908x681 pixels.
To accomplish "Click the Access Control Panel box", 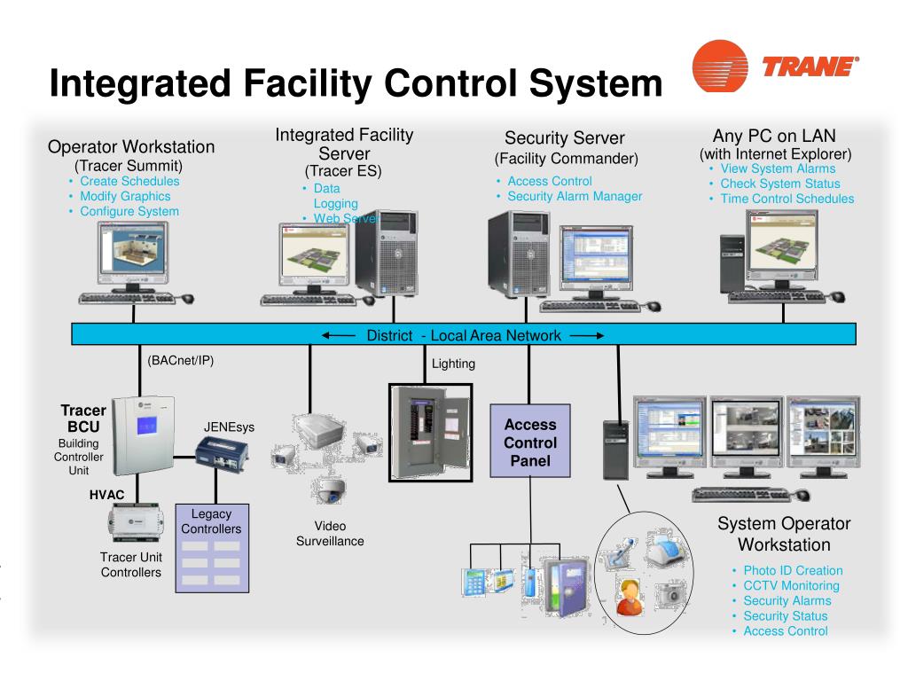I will point(530,442).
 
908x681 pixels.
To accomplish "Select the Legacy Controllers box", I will point(211,547).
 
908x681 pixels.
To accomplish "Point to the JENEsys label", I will point(229,427).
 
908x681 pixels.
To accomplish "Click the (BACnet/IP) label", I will point(181,361).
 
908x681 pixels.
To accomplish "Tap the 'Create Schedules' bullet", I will point(129,181).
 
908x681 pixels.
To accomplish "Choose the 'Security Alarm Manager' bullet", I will point(575,196).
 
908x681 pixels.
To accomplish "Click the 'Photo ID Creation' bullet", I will point(793,570).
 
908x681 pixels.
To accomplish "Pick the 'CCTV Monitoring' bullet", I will point(791,585).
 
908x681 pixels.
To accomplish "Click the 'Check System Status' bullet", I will point(780,184).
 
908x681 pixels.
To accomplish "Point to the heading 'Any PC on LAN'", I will point(774,136).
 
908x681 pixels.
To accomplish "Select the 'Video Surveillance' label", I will point(330,534).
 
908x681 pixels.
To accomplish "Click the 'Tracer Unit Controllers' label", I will point(131,565).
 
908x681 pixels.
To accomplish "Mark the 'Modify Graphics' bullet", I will point(125,196).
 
